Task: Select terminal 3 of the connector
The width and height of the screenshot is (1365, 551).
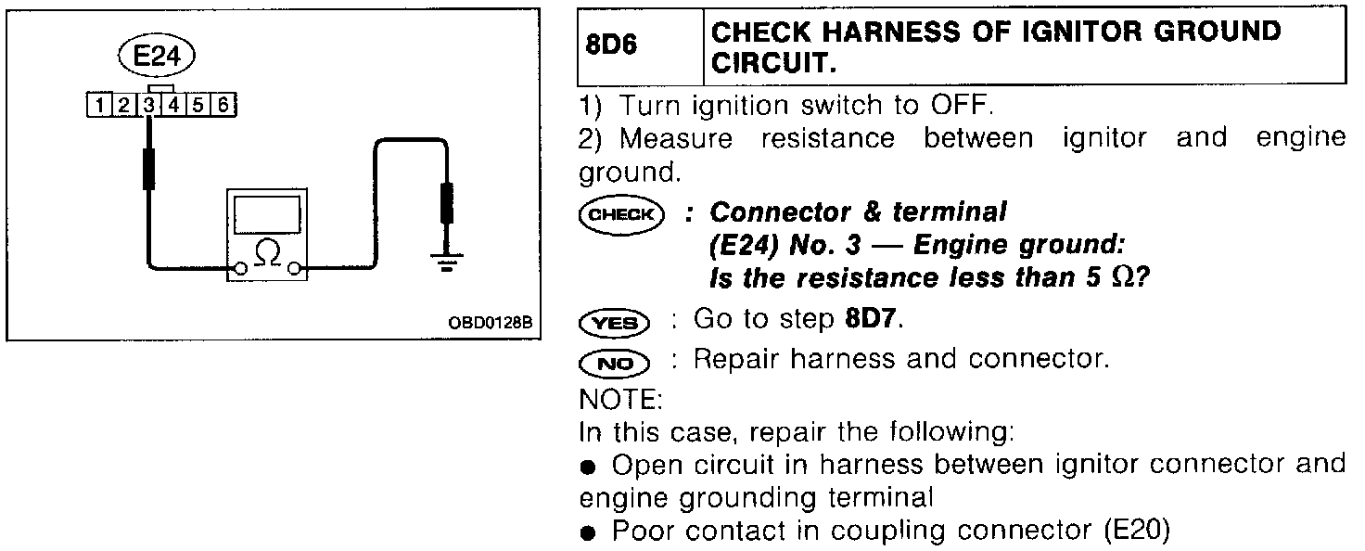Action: coord(148,104)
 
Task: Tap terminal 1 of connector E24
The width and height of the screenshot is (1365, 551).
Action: coord(96,104)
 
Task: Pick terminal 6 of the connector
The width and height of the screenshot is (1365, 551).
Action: coord(222,104)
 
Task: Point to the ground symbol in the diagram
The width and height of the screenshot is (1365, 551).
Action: coord(447,259)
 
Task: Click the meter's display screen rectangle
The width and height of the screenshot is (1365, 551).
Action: coord(267,215)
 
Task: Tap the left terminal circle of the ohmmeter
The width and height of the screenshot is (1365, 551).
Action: coord(240,269)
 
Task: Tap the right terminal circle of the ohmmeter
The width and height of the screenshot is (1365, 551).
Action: coord(295,269)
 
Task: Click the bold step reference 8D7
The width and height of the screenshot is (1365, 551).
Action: coord(872,320)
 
